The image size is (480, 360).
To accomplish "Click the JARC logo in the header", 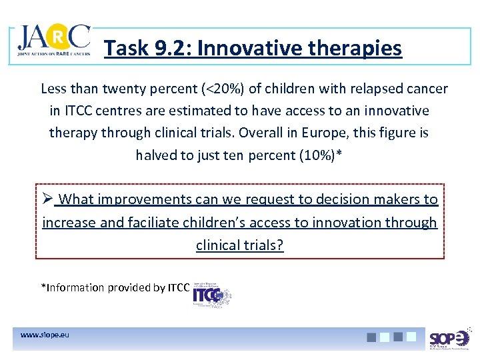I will coord(53,44).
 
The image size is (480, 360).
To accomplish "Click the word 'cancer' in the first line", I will coord(425,89).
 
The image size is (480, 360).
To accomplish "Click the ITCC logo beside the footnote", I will coord(211,293).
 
